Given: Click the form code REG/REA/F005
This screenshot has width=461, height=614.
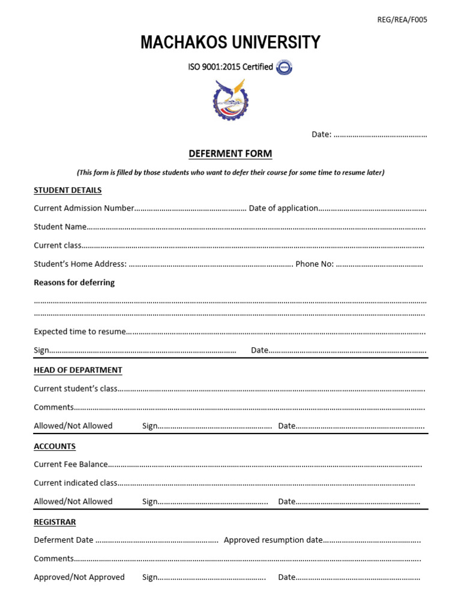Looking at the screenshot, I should [x=402, y=19].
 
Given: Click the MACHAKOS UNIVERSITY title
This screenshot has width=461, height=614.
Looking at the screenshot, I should [x=230, y=43].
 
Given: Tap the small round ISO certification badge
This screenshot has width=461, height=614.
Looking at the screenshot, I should [x=284, y=67].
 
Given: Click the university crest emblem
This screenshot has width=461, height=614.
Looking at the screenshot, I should [x=230, y=100].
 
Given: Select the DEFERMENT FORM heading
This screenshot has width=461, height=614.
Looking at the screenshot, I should [x=230, y=154].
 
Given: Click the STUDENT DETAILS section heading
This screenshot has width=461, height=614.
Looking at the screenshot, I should [x=68, y=190].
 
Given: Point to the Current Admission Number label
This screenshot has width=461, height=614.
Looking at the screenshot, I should [x=84, y=208].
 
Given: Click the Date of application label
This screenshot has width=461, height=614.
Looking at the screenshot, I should [x=283, y=208].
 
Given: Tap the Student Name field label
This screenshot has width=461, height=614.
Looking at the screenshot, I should [x=60, y=227].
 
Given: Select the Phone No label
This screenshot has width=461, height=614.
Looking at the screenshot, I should [x=315, y=264].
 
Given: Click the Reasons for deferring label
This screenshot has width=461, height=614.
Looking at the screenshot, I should [x=74, y=282].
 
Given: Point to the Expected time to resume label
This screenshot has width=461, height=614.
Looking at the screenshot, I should [x=80, y=332].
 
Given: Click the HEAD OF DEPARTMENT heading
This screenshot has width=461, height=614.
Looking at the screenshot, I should [x=78, y=370].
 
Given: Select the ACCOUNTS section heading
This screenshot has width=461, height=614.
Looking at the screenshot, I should [x=55, y=446].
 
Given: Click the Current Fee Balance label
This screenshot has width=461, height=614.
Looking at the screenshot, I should [x=71, y=464].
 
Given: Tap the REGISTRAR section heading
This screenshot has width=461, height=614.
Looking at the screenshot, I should [x=55, y=522].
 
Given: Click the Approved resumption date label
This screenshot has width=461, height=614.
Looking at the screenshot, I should [x=273, y=540].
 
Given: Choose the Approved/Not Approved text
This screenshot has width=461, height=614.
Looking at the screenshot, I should [x=79, y=577].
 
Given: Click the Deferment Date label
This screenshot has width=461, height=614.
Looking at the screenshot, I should [x=64, y=540].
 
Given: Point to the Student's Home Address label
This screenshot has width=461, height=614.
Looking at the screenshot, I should [x=80, y=264].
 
